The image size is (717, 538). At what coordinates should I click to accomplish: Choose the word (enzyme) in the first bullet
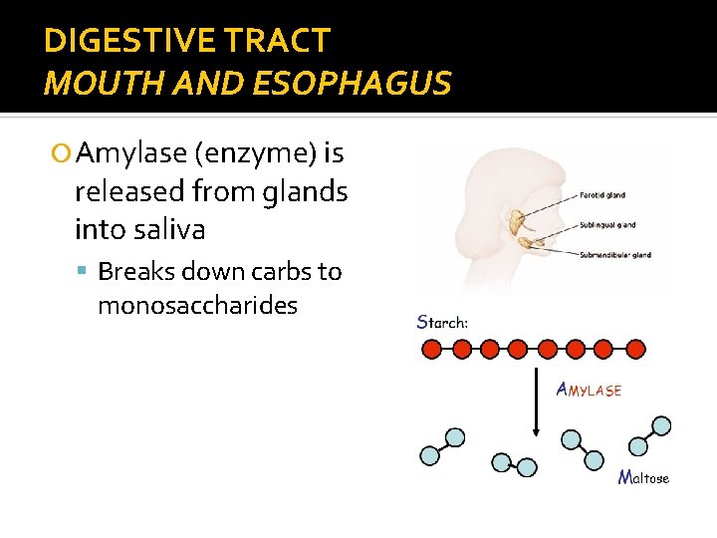tap(257, 153)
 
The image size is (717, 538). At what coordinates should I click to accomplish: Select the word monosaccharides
tap(197, 305)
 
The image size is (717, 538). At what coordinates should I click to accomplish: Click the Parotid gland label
tap(601, 195)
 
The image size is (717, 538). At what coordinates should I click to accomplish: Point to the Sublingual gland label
tap(609, 225)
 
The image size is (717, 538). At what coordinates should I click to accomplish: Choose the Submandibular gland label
tap(614, 255)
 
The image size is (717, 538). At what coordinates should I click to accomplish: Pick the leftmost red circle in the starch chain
tap(432, 350)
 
